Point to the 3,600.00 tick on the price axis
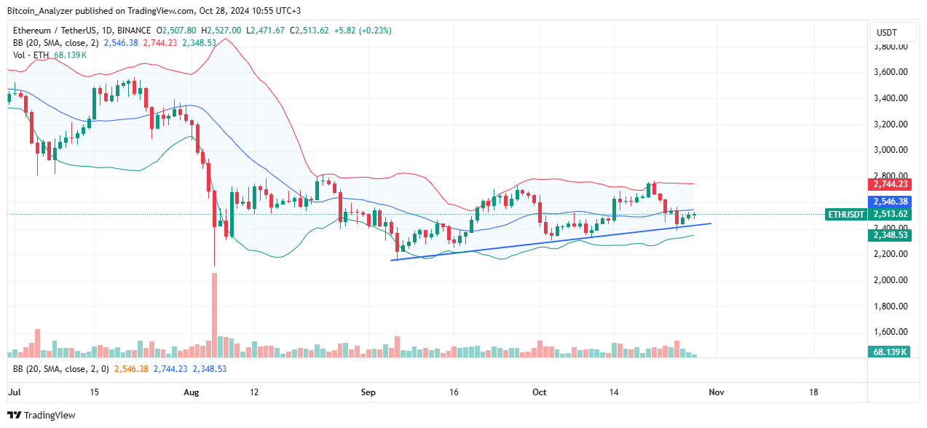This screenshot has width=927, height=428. (891, 72)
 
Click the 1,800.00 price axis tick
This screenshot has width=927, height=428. (891, 306)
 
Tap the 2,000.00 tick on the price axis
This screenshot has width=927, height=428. (891, 280)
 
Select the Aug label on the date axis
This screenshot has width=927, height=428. (192, 392)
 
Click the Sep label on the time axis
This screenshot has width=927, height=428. (368, 392)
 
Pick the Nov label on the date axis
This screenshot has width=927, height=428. (716, 392)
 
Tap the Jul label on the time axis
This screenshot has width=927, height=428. (13, 392)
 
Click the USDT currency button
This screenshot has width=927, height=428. (886, 32)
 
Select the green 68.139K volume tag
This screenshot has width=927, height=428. (891, 352)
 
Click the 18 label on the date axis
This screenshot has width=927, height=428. (813, 392)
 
